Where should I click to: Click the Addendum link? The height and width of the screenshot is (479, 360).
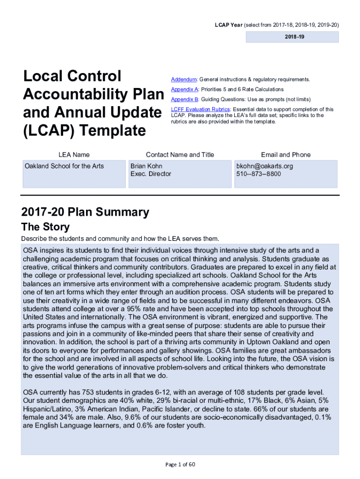(x=184, y=80)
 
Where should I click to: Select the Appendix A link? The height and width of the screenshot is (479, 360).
(x=185, y=89)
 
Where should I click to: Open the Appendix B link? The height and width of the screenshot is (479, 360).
(x=185, y=99)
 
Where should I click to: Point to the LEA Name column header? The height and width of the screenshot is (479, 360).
(x=74, y=155)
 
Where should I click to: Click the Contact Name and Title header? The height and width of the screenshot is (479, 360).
(x=180, y=155)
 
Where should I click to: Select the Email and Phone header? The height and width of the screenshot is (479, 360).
(x=285, y=155)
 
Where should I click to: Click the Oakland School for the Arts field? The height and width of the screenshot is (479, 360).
(x=64, y=166)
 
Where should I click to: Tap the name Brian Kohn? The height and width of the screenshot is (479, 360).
(x=146, y=166)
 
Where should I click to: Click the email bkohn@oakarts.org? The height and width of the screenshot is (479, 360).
(x=265, y=166)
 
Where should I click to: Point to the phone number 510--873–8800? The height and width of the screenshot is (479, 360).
(x=259, y=174)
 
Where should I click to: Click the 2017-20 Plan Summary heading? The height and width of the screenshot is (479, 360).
(x=85, y=212)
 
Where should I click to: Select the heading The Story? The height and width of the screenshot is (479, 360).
(x=45, y=227)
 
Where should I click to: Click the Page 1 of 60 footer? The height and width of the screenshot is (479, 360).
(x=180, y=464)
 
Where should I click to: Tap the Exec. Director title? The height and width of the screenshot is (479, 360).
(x=151, y=174)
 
